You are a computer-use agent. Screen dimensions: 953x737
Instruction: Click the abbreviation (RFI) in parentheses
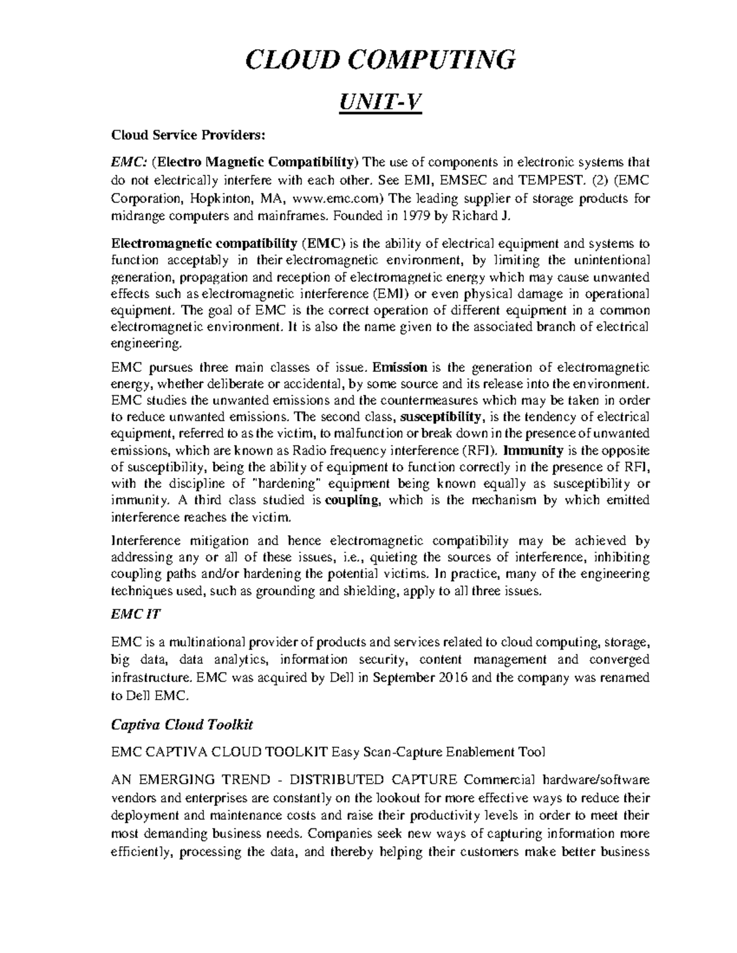tap(480, 450)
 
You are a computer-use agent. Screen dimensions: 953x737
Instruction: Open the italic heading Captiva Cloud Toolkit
tap(182, 725)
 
